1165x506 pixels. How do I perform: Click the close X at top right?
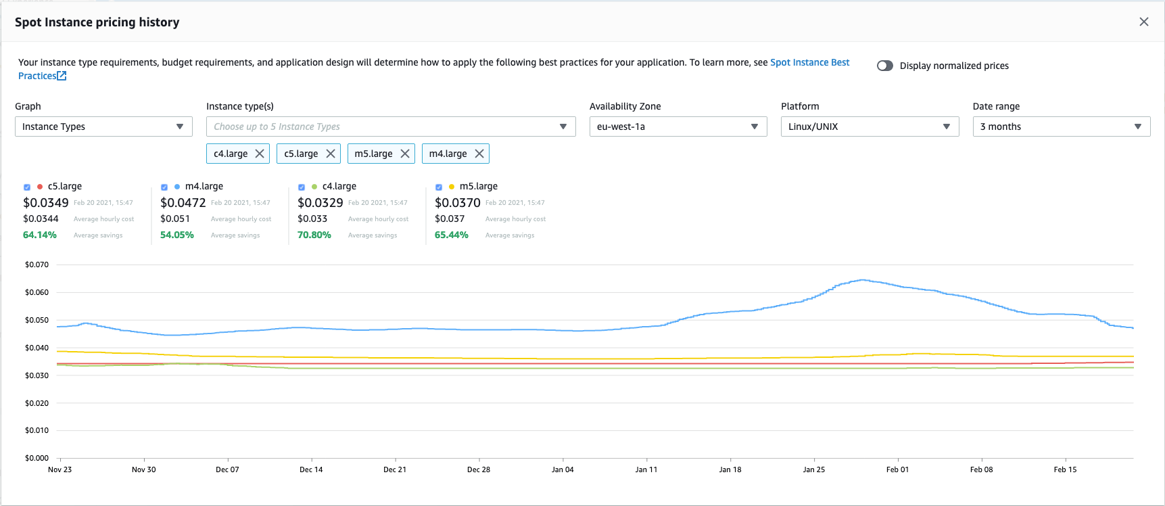1143,22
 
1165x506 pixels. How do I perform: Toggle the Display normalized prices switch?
884,66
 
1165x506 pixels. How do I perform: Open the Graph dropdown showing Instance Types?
103,127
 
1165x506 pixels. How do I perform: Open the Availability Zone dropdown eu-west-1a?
677,127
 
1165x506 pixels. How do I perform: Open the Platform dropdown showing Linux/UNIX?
869,127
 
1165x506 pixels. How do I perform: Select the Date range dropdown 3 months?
1061,127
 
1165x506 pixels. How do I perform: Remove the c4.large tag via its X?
260,154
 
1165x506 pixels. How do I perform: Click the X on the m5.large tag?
405,154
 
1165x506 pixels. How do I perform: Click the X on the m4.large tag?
479,154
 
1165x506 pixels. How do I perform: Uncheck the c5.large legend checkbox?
27,187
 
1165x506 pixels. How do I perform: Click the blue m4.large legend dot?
177,187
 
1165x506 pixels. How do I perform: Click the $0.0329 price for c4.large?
320,203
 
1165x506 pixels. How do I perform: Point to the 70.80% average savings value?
314,235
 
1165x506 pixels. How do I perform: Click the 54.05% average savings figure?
177,235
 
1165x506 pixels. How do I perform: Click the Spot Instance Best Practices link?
809,62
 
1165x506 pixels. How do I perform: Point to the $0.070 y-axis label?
37,264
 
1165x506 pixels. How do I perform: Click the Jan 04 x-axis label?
563,469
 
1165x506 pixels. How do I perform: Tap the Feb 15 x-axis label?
1065,469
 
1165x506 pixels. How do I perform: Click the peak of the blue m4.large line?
862,279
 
